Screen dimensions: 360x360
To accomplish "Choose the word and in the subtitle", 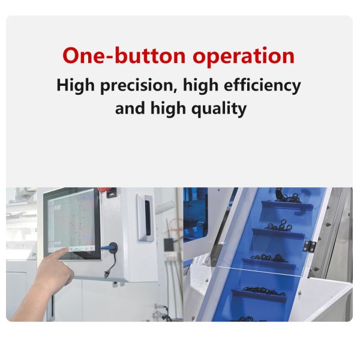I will coord(130,109).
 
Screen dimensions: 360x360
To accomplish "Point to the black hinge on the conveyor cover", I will coord(309,246).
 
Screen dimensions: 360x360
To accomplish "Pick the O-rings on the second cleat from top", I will coord(279,226).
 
